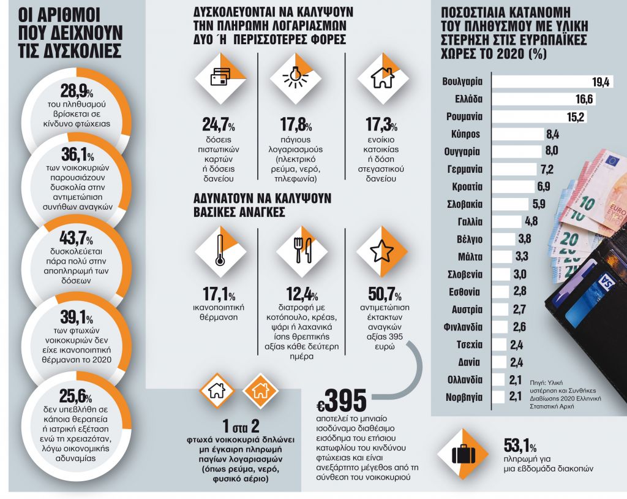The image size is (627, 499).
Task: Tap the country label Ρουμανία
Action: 462,116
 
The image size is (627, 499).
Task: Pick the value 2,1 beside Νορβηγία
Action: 515,397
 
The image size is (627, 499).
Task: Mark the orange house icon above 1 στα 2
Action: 258,390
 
